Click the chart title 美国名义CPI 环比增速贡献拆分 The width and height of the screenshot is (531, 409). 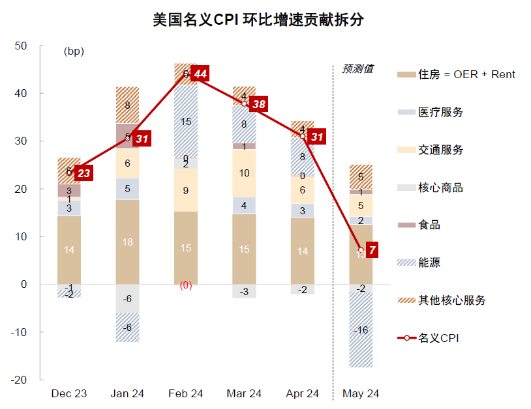258,20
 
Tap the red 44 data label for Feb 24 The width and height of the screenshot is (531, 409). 200,74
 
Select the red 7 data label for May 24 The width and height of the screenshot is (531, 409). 371,250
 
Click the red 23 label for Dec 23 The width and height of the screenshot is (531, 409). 83,173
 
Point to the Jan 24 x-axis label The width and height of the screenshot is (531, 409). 127,394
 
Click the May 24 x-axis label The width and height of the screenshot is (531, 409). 361,394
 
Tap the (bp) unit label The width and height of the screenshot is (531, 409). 74,51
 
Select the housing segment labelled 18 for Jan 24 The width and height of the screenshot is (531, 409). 127,242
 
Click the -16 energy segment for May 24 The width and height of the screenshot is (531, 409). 361,330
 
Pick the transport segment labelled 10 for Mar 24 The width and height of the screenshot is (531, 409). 244,173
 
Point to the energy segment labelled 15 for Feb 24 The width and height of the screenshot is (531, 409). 186,122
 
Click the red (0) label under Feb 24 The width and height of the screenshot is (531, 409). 186,285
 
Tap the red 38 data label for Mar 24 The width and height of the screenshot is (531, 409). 259,104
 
